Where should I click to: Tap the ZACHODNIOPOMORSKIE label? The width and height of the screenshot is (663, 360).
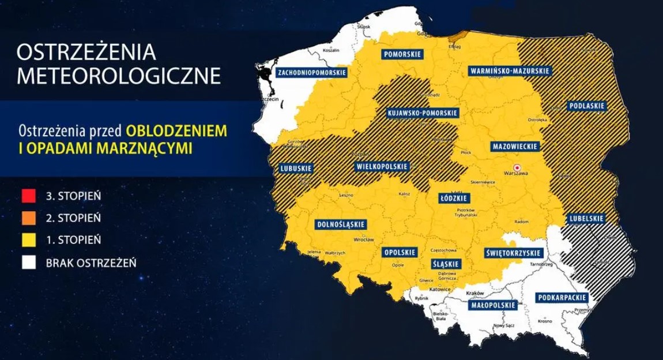tap(312, 73)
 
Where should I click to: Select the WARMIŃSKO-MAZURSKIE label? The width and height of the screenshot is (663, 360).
tap(509, 71)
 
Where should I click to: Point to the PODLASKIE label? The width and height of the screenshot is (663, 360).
tap(587, 106)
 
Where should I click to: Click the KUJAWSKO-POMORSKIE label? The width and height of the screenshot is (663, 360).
tap(423, 113)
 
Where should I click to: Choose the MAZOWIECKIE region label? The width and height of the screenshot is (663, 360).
tap(515, 147)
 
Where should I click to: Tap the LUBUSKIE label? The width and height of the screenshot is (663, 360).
tap(296, 168)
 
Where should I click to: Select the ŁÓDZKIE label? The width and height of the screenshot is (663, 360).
tap(454, 198)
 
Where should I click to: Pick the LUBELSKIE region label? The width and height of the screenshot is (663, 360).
tap(586, 219)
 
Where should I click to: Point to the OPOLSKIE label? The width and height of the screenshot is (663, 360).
tap(400, 253)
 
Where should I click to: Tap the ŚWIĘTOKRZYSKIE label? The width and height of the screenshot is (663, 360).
tap(512, 253)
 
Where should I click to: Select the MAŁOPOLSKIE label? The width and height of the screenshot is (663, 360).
tap(492, 305)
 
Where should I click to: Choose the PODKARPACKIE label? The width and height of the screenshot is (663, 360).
tap(562, 298)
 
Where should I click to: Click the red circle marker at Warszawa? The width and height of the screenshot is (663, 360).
tap(508, 167)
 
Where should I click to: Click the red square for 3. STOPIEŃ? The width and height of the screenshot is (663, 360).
tap(29, 196)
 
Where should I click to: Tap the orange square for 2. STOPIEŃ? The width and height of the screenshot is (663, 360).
tap(29, 218)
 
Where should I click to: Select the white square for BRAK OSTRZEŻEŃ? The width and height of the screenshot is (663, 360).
tap(29, 263)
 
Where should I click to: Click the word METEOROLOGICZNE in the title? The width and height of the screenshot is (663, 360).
tap(119, 76)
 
